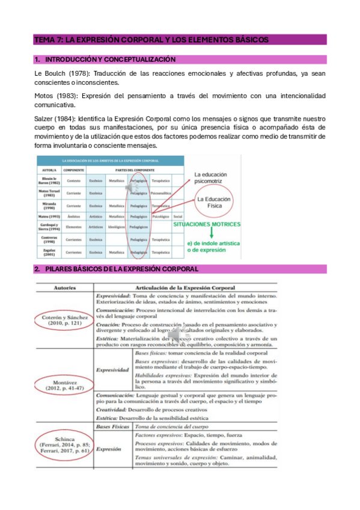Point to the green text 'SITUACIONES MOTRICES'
coord(206,224)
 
